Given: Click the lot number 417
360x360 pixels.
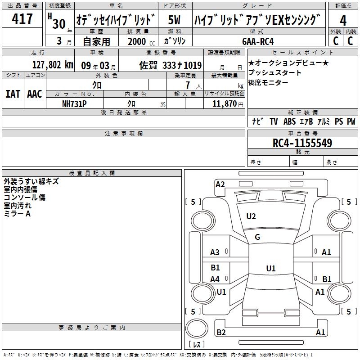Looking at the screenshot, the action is (22, 18).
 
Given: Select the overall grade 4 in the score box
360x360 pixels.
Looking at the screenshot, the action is (343, 21).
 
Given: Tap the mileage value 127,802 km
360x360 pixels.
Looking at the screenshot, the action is (53, 65).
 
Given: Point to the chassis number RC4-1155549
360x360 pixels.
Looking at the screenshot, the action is (302, 143).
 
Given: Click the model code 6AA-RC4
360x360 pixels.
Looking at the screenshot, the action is (258, 41).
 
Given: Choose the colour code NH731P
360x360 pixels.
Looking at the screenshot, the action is (74, 104).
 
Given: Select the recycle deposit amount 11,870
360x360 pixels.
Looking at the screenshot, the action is (224, 104).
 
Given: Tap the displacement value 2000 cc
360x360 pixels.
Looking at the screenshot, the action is (141, 41).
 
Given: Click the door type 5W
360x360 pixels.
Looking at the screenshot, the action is (174, 20).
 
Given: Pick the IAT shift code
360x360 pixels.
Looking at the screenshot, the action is (13, 94).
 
